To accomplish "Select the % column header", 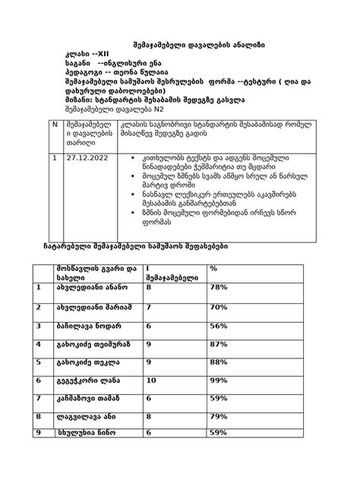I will (x=213, y=268).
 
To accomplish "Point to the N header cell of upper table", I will (x=53, y=123).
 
